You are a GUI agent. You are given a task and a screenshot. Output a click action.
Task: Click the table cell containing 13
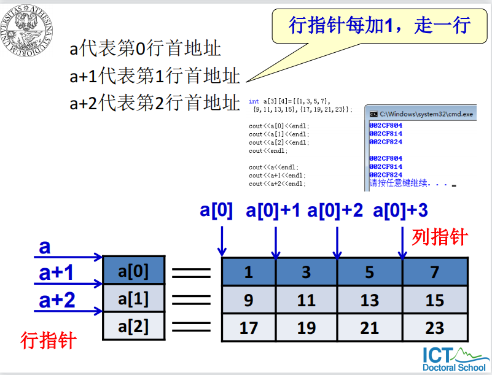(369, 300)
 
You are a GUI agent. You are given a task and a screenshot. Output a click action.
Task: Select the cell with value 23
(434, 328)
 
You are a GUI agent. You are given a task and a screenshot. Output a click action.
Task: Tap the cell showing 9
(248, 300)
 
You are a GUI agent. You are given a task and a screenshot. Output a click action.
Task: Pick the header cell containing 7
(434, 272)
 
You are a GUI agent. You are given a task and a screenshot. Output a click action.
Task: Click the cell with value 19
(307, 328)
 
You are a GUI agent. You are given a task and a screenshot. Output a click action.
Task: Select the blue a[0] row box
(134, 271)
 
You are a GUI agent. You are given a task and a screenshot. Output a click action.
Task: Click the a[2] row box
(134, 326)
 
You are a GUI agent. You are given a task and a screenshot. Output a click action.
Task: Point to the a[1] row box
(134, 299)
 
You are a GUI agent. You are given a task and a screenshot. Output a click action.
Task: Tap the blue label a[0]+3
(400, 211)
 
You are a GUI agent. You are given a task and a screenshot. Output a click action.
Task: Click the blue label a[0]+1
(273, 211)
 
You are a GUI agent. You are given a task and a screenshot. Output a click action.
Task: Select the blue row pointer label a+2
(57, 300)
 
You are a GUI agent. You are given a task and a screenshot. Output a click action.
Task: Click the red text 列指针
(440, 238)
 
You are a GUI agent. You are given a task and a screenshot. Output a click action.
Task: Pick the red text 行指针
(48, 340)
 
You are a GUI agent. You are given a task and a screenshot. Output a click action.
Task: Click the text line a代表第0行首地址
(146, 48)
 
